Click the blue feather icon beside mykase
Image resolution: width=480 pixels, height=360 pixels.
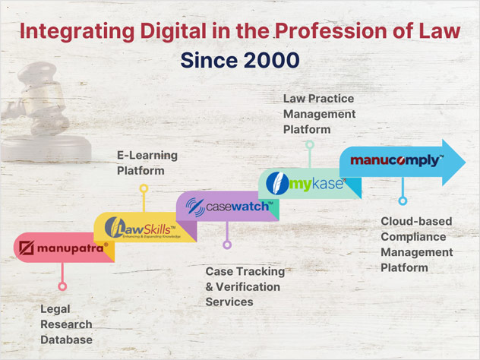coord(277,183)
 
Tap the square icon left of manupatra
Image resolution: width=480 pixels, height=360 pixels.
coord(27,248)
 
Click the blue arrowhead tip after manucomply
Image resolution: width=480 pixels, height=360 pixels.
coord(466,163)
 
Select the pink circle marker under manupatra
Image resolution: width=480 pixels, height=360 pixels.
coord(62,286)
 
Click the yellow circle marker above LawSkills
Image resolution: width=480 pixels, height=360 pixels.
coord(144,188)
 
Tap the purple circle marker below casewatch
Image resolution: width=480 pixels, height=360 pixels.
coord(227,245)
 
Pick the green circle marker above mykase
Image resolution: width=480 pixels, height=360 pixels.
coord(310,144)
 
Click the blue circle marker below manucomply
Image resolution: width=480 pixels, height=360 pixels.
coord(403,201)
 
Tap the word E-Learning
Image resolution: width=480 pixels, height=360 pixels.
coord(147,156)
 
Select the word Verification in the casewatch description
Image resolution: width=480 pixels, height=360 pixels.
coord(248,287)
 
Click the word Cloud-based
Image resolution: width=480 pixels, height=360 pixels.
coord(416,221)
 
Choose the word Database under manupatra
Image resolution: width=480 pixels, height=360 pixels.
coord(66,339)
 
